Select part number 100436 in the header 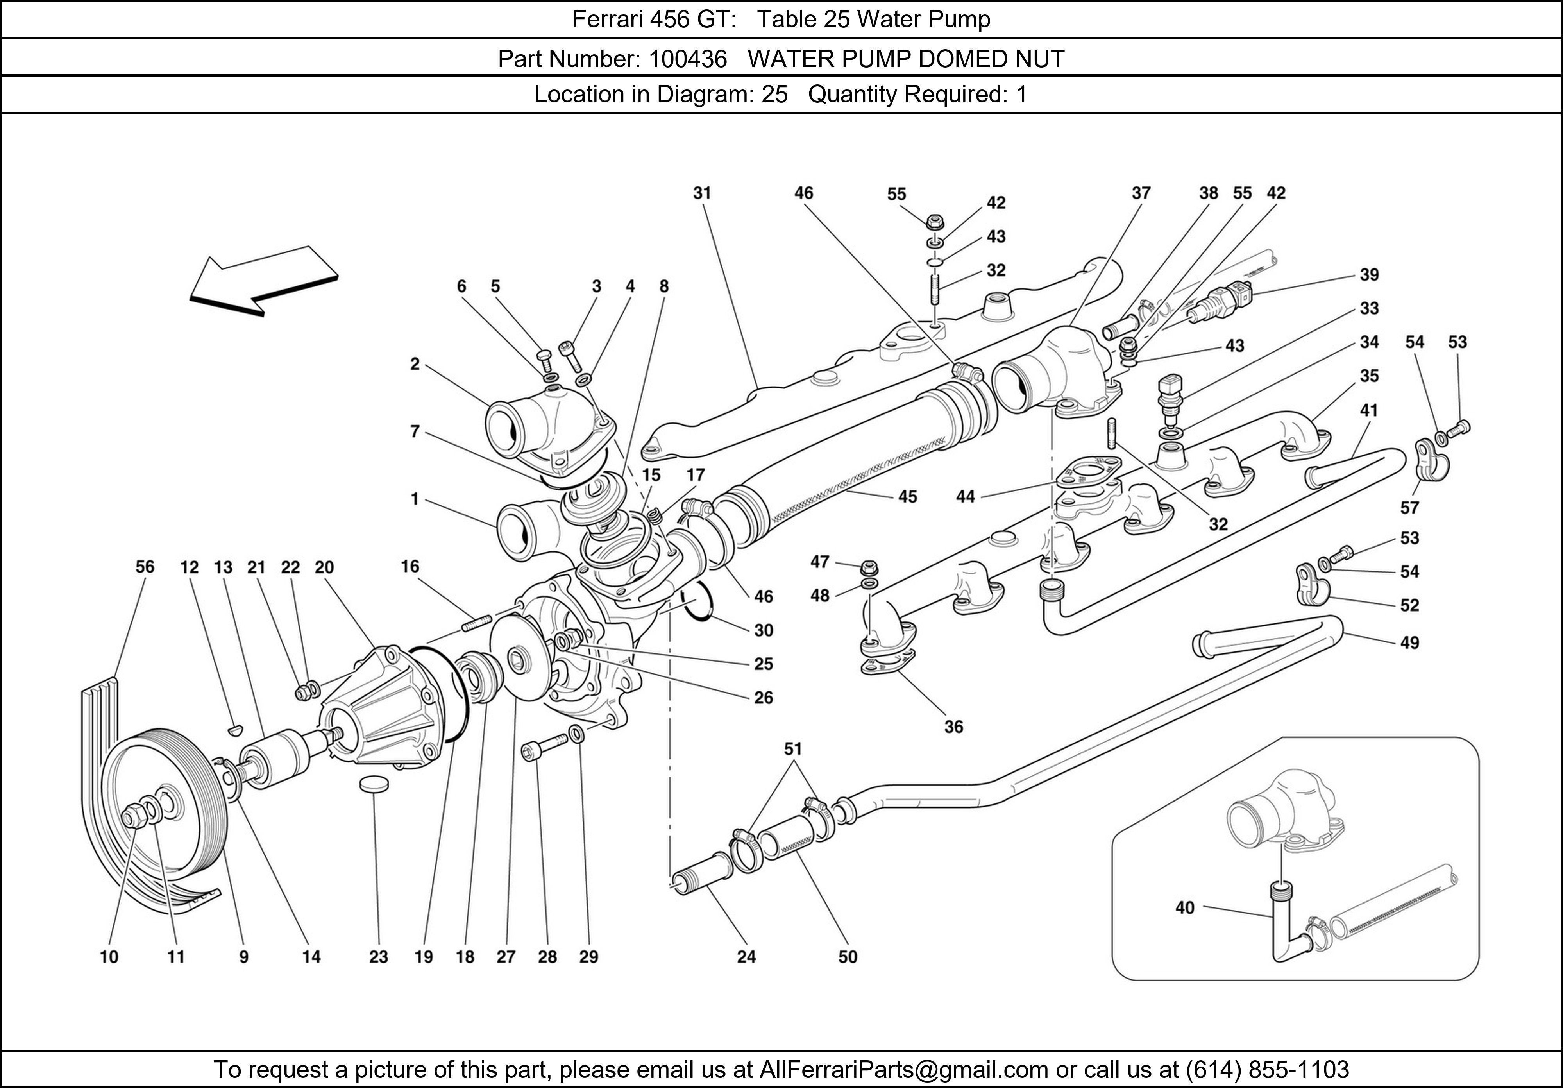(x=688, y=59)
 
